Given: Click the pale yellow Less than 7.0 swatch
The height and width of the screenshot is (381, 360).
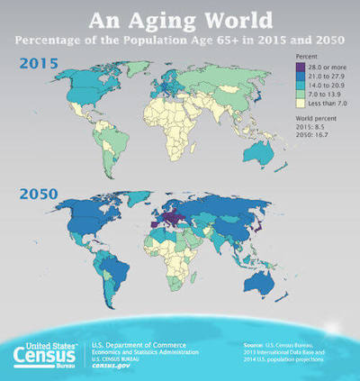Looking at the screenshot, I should (x=301, y=104).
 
